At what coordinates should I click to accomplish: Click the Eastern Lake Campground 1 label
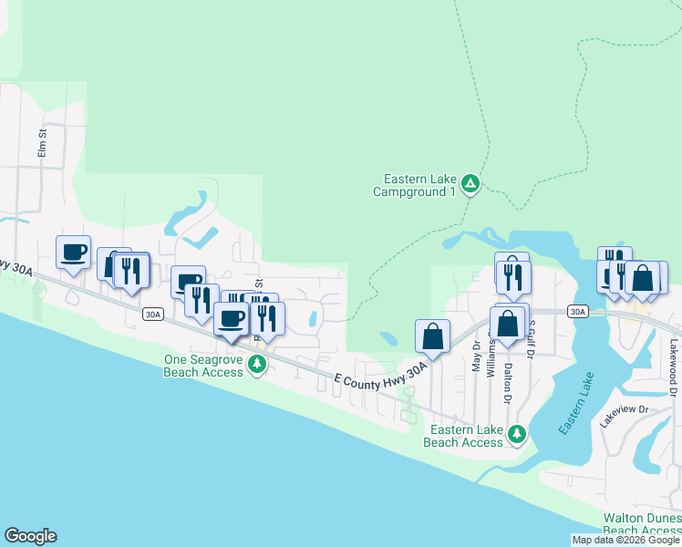(x=414, y=186)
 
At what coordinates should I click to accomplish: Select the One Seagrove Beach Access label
(x=203, y=366)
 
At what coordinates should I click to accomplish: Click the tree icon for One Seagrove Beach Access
(x=258, y=364)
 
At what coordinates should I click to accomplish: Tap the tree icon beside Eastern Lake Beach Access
(x=518, y=434)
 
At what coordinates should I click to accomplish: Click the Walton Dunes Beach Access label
(x=641, y=524)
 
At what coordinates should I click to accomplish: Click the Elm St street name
(x=42, y=144)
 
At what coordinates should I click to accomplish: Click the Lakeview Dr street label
(x=623, y=410)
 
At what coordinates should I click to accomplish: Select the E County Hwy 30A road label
(x=380, y=375)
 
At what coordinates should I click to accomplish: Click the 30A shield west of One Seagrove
(x=152, y=315)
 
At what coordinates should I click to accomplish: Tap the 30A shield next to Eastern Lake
(x=577, y=311)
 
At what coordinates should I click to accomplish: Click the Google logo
(x=30, y=536)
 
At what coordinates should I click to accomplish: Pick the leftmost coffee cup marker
(x=74, y=253)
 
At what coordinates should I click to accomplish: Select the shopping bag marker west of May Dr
(x=433, y=336)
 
